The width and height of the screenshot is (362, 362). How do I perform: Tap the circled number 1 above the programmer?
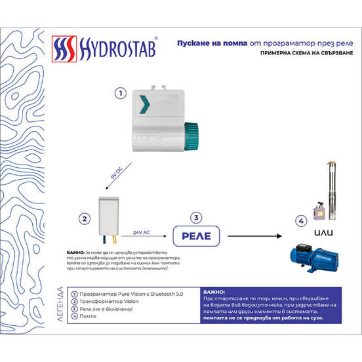[x=120, y=94]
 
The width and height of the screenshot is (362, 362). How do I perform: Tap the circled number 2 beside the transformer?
[x=83, y=218]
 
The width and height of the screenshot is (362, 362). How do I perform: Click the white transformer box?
[x=113, y=214]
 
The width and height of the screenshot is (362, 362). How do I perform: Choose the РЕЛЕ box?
[x=194, y=235]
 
